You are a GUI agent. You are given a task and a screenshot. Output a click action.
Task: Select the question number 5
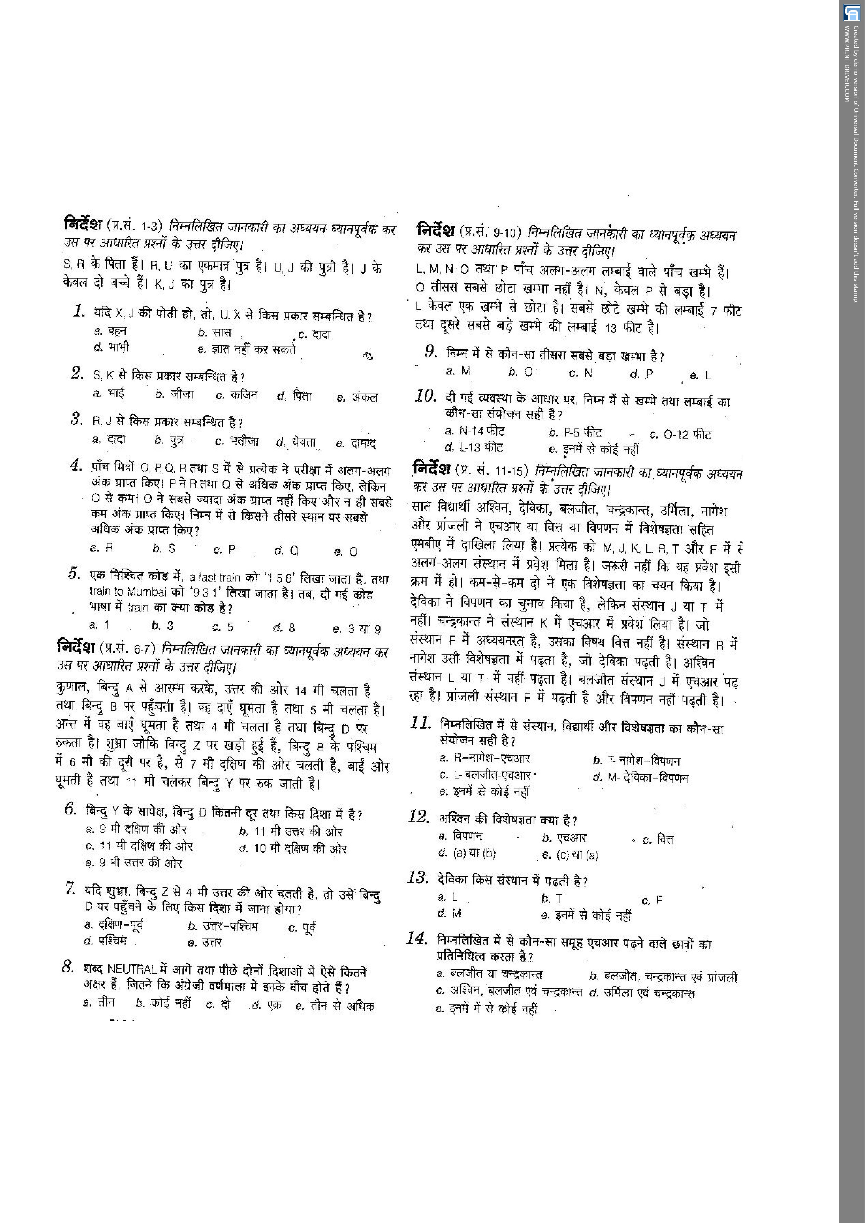point(74,574)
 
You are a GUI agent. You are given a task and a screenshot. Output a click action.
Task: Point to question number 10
point(426,396)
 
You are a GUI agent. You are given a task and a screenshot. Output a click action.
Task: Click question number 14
point(417,938)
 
